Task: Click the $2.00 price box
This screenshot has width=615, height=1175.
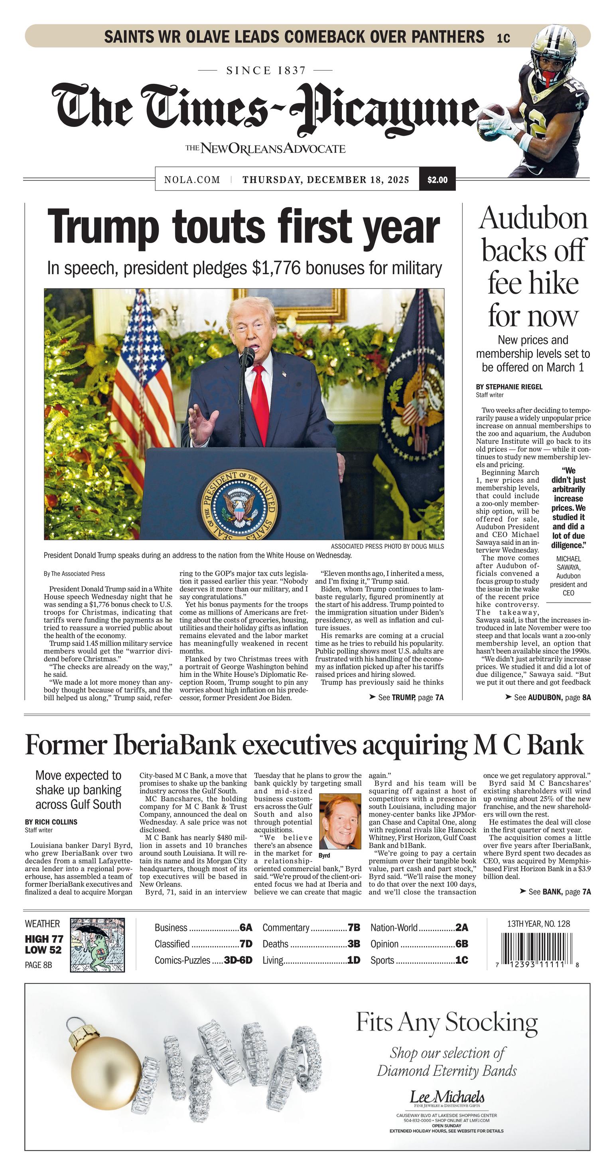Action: (437, 180)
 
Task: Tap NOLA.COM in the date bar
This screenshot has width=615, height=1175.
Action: (192, 180)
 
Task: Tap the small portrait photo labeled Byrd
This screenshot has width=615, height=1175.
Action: (340, 821)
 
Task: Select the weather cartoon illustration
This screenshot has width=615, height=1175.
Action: (97, 945)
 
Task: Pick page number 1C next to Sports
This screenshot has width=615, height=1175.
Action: (461, 960)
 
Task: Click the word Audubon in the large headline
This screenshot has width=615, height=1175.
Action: (533, 218)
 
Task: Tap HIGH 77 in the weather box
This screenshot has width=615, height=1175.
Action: (44, 939)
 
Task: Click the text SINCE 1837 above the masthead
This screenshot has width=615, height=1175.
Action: (266, 70)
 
